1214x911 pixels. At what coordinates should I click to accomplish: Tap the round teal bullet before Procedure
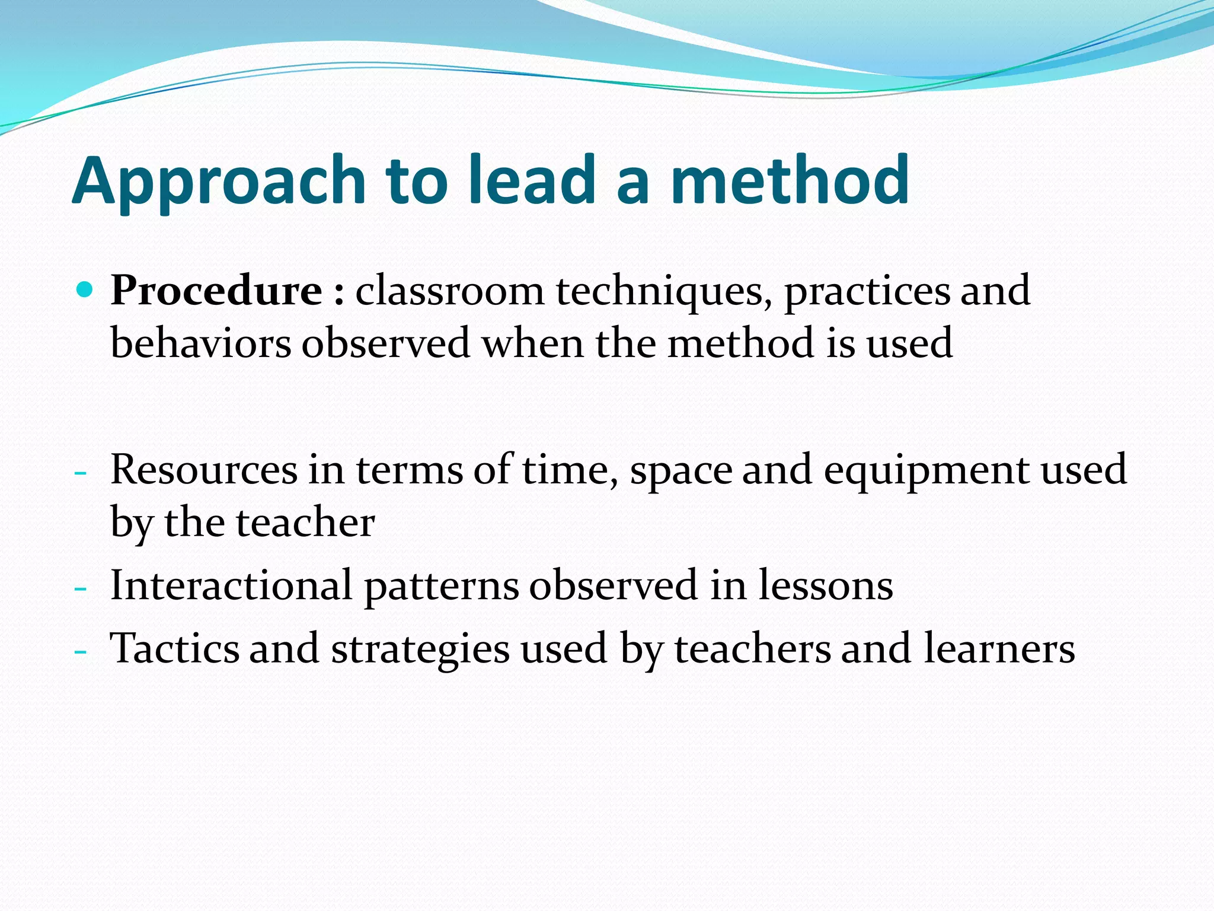(x=86, y=290)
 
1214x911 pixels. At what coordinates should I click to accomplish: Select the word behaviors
(x=201, y=343)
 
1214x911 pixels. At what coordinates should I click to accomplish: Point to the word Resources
(x=204, y=470)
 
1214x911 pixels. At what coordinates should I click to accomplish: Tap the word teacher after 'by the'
(x=305, y=523)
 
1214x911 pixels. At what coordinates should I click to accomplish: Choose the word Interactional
(x=232, y=585)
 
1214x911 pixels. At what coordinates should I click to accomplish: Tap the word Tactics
(x=175, y=648)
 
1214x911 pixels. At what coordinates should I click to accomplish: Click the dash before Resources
(x=80, y=473)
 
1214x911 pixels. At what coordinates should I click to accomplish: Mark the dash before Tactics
(x=80, y=652)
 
